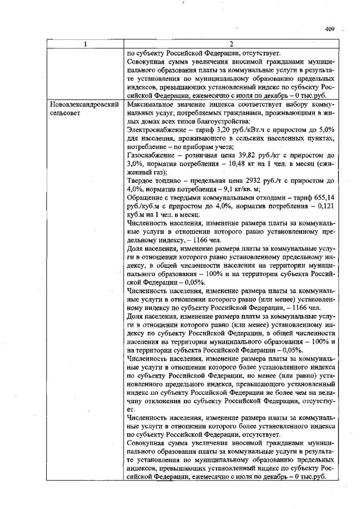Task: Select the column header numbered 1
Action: pyautogui.click(x=85, y=44)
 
